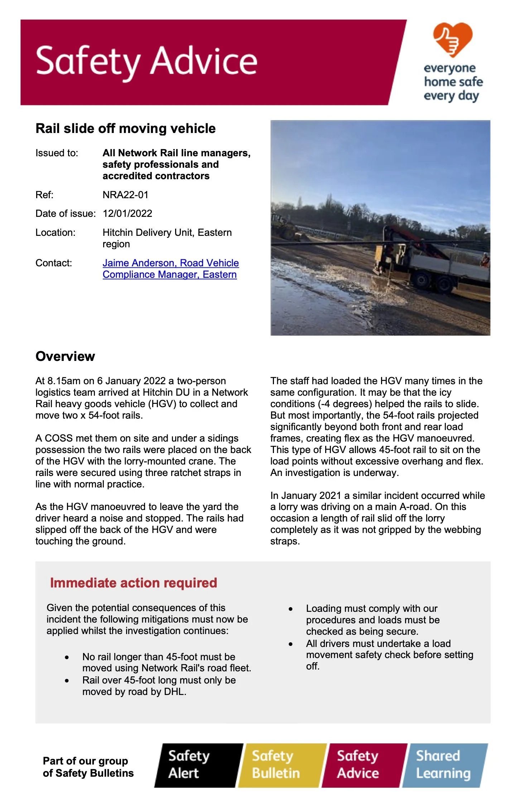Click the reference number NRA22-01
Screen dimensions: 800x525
coord(125,195)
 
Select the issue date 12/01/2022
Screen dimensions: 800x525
coord(127,214)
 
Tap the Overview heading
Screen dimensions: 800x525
coord(65,356)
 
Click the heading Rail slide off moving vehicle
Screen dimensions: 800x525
coord(125,128)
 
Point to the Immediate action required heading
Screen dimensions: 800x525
coord(133,583)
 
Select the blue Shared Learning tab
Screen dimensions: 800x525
coord(444,765)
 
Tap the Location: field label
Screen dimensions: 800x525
coord(56,233)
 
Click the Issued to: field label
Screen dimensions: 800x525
coord(57,153)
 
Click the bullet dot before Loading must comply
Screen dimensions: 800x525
coord(291,609)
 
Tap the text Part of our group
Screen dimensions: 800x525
coord(85,761)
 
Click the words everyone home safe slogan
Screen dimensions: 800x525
coord(453,82)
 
